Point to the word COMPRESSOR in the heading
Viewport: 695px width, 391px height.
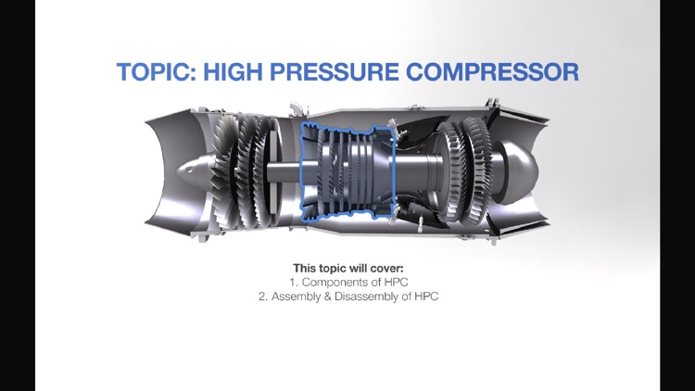coord(497,71)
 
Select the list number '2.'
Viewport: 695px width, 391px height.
coord(264,296)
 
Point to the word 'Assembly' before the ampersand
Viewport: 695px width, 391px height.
coord(297,296)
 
